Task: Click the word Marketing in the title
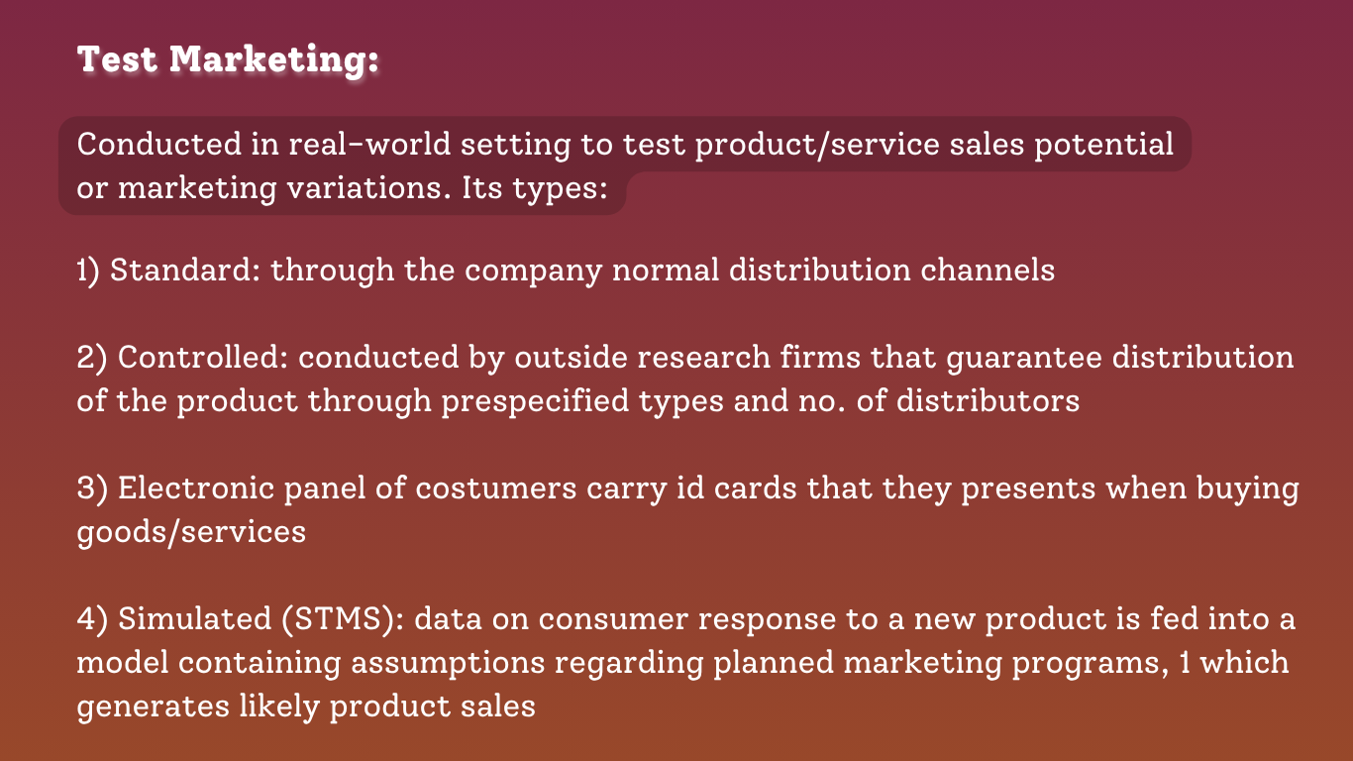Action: [273, 60]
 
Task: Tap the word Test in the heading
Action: [117, 59]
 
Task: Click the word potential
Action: [1103, 146]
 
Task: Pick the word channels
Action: [988, 270]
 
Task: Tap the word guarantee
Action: [1024, 359]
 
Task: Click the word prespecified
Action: [535, 402]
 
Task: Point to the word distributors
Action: [988, 400]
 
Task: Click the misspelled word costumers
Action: [496, 489]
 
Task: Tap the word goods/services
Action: [191, 533]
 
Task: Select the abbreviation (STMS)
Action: [343, 619]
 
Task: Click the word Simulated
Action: [194, 618]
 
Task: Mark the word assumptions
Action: [448, 664]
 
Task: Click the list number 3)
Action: [92, 489]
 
